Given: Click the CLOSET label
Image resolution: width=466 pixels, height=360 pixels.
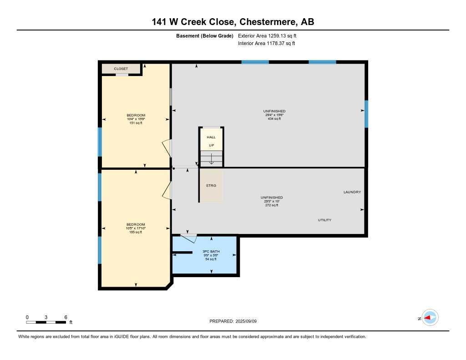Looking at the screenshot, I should click(121, 69).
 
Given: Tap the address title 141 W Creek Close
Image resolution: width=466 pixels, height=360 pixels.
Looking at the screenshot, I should click(233, 22).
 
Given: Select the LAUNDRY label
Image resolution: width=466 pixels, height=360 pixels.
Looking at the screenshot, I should click(352, 192).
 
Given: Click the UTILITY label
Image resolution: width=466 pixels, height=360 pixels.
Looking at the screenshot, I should click(324, 220).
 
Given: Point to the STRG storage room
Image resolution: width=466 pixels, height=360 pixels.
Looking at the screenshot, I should click(211, 186).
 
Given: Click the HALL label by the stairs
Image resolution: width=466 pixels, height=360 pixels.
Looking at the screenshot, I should click(211, 137).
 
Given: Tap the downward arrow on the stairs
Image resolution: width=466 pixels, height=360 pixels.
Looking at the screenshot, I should click(211, 159).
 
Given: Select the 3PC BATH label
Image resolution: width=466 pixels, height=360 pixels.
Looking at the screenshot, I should click(211, 252).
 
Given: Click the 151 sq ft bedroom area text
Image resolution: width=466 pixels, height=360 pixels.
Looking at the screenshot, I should click(136, 122).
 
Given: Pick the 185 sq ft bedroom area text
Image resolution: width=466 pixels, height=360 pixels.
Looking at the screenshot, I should click(136, 232).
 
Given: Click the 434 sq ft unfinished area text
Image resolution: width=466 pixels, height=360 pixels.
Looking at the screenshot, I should click(274, 119).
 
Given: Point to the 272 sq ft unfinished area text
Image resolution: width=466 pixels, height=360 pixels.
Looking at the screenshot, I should click(272, 205).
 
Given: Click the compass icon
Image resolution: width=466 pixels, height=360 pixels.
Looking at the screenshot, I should click(430, 318).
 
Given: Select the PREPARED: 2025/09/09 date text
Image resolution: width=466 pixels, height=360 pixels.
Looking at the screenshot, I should click(233, 321).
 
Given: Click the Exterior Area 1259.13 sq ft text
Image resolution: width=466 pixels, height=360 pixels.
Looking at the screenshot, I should click(267, 35).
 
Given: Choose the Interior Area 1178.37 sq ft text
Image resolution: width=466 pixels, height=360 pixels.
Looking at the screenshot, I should click(266, 43).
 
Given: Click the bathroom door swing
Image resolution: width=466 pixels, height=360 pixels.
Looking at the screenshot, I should click(188, 237).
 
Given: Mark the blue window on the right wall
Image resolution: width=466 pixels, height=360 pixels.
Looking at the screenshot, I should click(366, 114).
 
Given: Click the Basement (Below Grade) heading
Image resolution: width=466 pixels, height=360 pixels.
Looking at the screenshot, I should click(205, 35).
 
